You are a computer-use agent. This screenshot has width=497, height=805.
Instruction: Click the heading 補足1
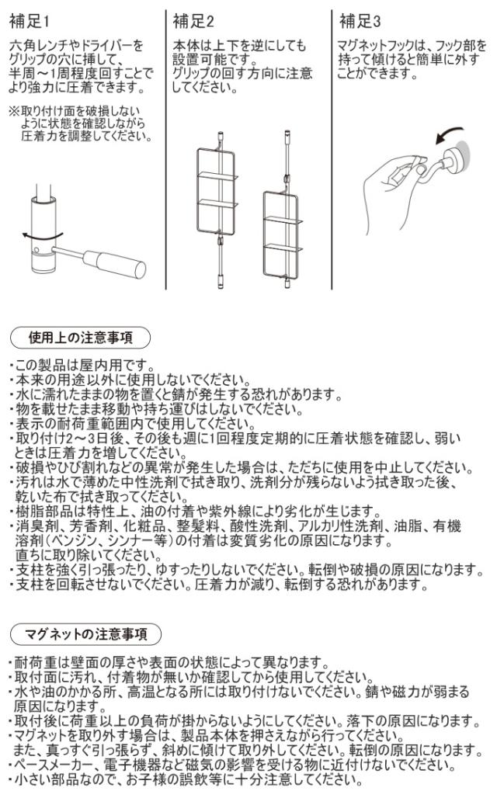click(30, 22)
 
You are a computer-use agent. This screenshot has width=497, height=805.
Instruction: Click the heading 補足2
click(193, 22)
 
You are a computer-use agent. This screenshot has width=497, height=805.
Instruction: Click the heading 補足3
click(360, 22)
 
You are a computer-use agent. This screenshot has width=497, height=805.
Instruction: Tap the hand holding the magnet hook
click(395, 193)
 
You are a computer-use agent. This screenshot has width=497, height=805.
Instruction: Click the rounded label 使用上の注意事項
click(81, 338)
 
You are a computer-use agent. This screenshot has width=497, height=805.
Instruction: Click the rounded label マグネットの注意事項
click(85, 633)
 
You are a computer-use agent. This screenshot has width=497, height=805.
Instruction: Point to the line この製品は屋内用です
click(82, 366)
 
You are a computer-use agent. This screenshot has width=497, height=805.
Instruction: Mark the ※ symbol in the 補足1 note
click(15, 111)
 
